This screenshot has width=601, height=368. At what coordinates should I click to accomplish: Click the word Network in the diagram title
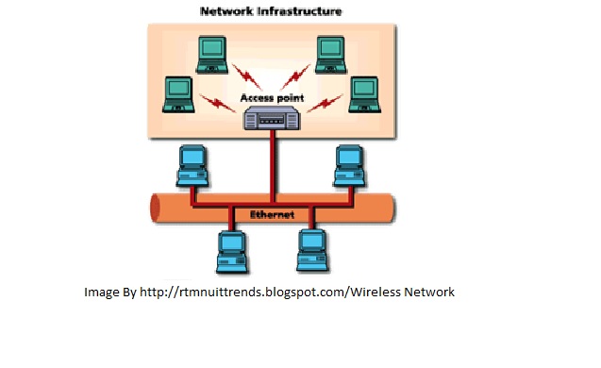click(226, 11)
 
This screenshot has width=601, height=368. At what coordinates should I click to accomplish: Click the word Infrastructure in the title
click(299, 11)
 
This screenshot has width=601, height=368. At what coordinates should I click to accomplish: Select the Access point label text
click(272, 98)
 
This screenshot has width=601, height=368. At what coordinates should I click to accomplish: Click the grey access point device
click(272, 118)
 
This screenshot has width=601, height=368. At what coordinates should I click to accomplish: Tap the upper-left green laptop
click(212, 55)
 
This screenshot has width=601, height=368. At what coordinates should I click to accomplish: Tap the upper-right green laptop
click(330, 55)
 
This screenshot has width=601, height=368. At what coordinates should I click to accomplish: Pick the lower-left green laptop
click(178, 94)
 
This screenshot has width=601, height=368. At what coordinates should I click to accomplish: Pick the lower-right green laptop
click(364, 94)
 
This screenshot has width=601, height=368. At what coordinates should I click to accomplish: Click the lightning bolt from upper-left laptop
click(247, 76)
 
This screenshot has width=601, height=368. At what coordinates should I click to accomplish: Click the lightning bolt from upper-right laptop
click(295, 76)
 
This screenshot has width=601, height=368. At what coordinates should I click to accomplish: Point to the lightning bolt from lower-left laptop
click(217, 103)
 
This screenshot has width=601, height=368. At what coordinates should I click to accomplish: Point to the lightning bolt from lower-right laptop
click(325, 103)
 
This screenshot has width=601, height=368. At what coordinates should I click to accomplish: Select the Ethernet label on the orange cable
click(272, 215)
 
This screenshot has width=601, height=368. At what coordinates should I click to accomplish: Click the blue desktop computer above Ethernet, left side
click(192, 166)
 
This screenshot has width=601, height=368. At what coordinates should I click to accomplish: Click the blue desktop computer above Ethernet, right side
click(349, 166)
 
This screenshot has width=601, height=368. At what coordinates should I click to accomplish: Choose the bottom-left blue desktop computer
click(232, 251)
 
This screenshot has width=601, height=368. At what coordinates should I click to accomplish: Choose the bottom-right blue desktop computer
click(313, 251)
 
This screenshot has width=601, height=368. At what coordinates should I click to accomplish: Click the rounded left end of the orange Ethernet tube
click(155, 208)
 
